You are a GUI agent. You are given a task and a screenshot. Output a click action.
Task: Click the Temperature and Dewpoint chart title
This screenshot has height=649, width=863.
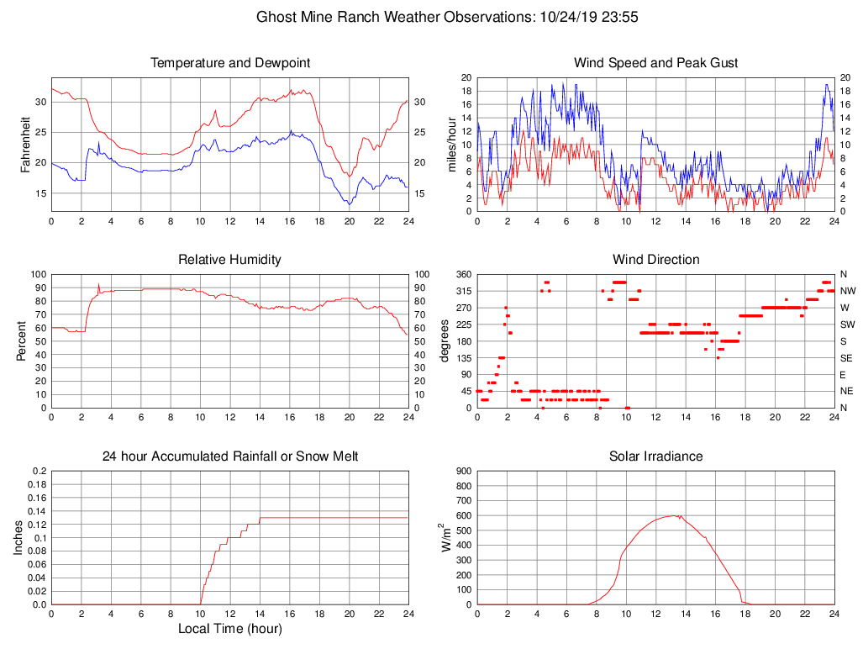[x=229, y=63]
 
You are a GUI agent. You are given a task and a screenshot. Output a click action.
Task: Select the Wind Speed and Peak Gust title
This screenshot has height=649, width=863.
[x=655, y=63]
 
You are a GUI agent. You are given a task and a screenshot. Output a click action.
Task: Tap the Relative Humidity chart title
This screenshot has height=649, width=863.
[x=229, y=259]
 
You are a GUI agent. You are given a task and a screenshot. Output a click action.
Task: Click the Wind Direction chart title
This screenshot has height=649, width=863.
[x=655, y=259]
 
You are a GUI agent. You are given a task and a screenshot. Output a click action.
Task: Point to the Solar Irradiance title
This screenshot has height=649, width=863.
[x=655, y=456]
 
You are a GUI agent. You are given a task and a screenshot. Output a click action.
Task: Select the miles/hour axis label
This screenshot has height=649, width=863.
[x=451, y=145]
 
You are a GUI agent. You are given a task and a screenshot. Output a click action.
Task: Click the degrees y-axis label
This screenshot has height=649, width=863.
[x=445, y=341]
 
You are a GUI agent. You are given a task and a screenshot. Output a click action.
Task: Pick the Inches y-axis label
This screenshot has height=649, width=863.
[x=19, y=538]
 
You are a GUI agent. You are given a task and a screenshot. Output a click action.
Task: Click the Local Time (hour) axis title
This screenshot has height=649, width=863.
[x=229, y=629]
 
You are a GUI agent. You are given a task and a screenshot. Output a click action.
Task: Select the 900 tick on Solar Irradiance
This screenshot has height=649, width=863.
[x=462, y=472]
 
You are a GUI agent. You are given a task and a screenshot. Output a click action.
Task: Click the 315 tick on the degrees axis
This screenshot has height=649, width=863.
[x=462, y=291]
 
